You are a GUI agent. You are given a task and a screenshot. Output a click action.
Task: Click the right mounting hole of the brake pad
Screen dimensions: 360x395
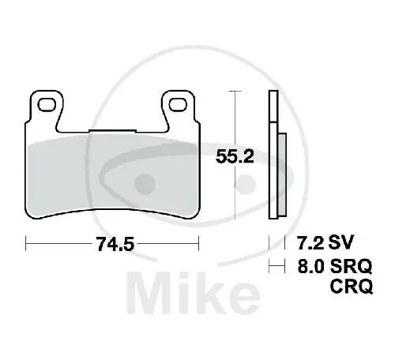tap(179, 103)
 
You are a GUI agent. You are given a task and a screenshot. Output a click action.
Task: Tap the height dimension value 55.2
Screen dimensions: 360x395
tap(234, 156)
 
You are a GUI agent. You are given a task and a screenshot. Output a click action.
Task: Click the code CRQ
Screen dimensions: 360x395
tap(349, 288)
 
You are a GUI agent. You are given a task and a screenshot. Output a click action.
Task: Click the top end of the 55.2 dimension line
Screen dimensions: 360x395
tap(233, 92)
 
